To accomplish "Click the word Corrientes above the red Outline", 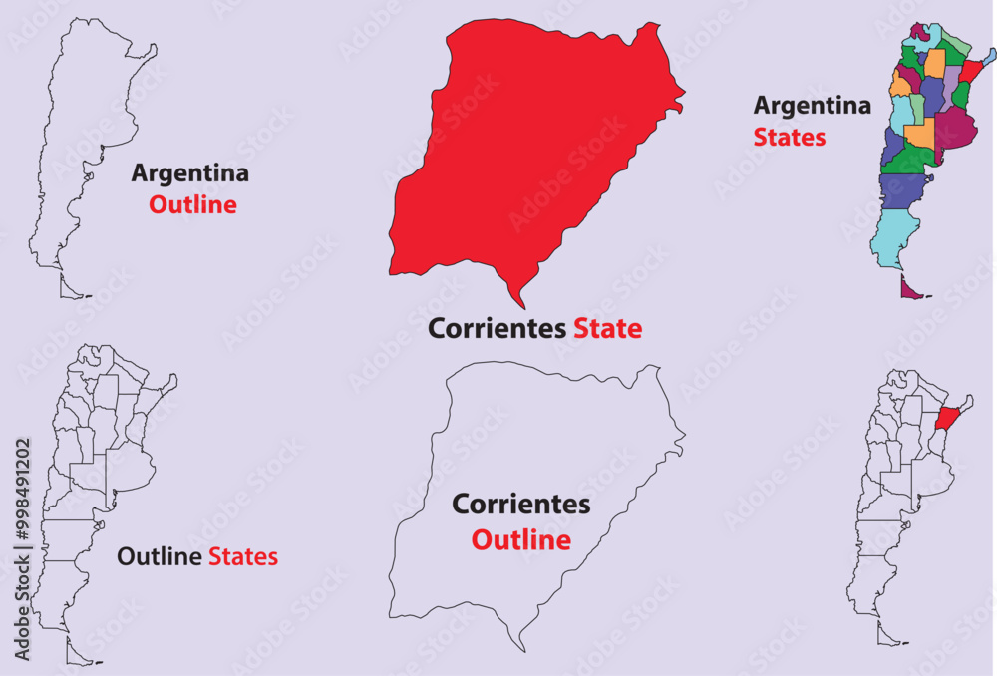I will (x=520, y=505).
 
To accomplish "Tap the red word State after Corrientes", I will (x=607, y=328).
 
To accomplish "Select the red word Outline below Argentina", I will (x=192, y=205).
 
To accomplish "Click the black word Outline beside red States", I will (x=160, y=556).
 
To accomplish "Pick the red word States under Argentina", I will (x=789, y=137).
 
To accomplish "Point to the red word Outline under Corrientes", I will (x=520, y=540).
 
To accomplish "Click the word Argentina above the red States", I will (x=812, y=105).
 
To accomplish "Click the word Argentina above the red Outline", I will (x=189, y=173).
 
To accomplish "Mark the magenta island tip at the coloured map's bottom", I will (x=907, y=288).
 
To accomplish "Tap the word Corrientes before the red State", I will (x=497, y=328).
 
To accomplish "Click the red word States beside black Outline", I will (x=242, y=556).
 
